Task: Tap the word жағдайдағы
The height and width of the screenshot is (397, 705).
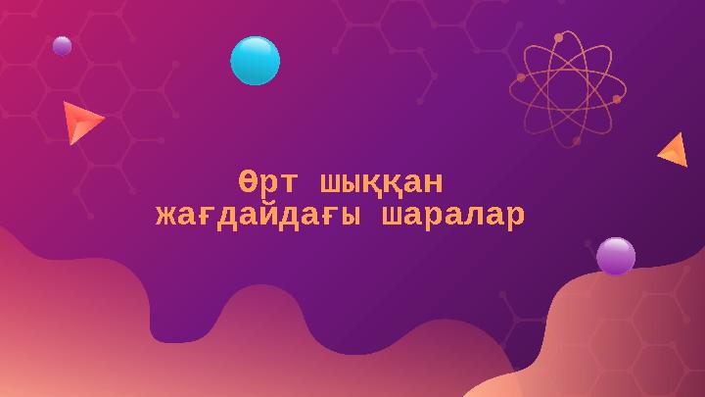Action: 252,215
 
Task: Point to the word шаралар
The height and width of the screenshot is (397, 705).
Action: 451,215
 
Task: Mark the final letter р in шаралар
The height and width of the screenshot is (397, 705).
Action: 513,215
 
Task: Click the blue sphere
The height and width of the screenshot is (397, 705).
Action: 255,60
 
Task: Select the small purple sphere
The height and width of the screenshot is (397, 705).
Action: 62,46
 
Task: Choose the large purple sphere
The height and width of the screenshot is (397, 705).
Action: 615,257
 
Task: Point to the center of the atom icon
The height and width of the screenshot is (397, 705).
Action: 567,87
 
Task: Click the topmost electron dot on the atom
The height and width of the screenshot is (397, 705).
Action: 558,37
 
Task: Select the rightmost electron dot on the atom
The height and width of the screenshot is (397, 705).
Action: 618,99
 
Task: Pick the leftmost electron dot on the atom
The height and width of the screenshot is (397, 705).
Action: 520,76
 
